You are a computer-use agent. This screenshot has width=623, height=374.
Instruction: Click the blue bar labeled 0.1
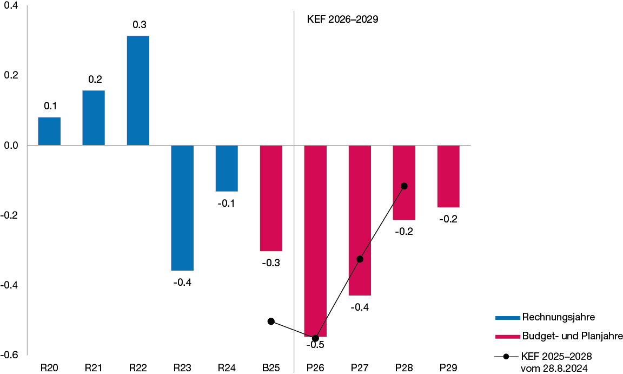[x=49, y=131]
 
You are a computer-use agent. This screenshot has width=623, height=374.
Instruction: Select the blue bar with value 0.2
[x=94, y=117]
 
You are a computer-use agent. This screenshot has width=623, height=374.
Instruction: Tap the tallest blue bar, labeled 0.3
[x=138, y=90]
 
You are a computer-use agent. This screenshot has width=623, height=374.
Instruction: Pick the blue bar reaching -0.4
[x=182, y=207]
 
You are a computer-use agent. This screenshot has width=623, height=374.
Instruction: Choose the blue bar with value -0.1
[x=227, y=168]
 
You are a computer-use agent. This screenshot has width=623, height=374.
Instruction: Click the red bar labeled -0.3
[x=271, y=198]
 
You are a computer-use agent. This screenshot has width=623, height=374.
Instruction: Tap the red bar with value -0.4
[x=360, y=220]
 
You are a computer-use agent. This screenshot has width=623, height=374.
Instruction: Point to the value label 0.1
[x=50, y=106]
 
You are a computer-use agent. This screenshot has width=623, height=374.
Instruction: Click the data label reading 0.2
[x=95, y=80]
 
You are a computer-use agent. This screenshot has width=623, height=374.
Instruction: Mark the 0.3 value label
[x=140, y=25]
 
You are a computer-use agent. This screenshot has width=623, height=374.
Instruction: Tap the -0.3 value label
[x=270, y=263]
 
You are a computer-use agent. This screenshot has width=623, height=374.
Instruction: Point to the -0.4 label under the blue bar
[x=182, y=283]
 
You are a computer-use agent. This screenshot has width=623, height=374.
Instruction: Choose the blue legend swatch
[x=508, y=318]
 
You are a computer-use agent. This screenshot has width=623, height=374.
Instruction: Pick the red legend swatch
[x=508, y=337]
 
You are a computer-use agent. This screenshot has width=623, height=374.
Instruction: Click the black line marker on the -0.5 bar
[x=316, y=338]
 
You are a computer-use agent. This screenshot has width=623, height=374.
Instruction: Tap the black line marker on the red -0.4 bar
[x=360, y=259]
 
